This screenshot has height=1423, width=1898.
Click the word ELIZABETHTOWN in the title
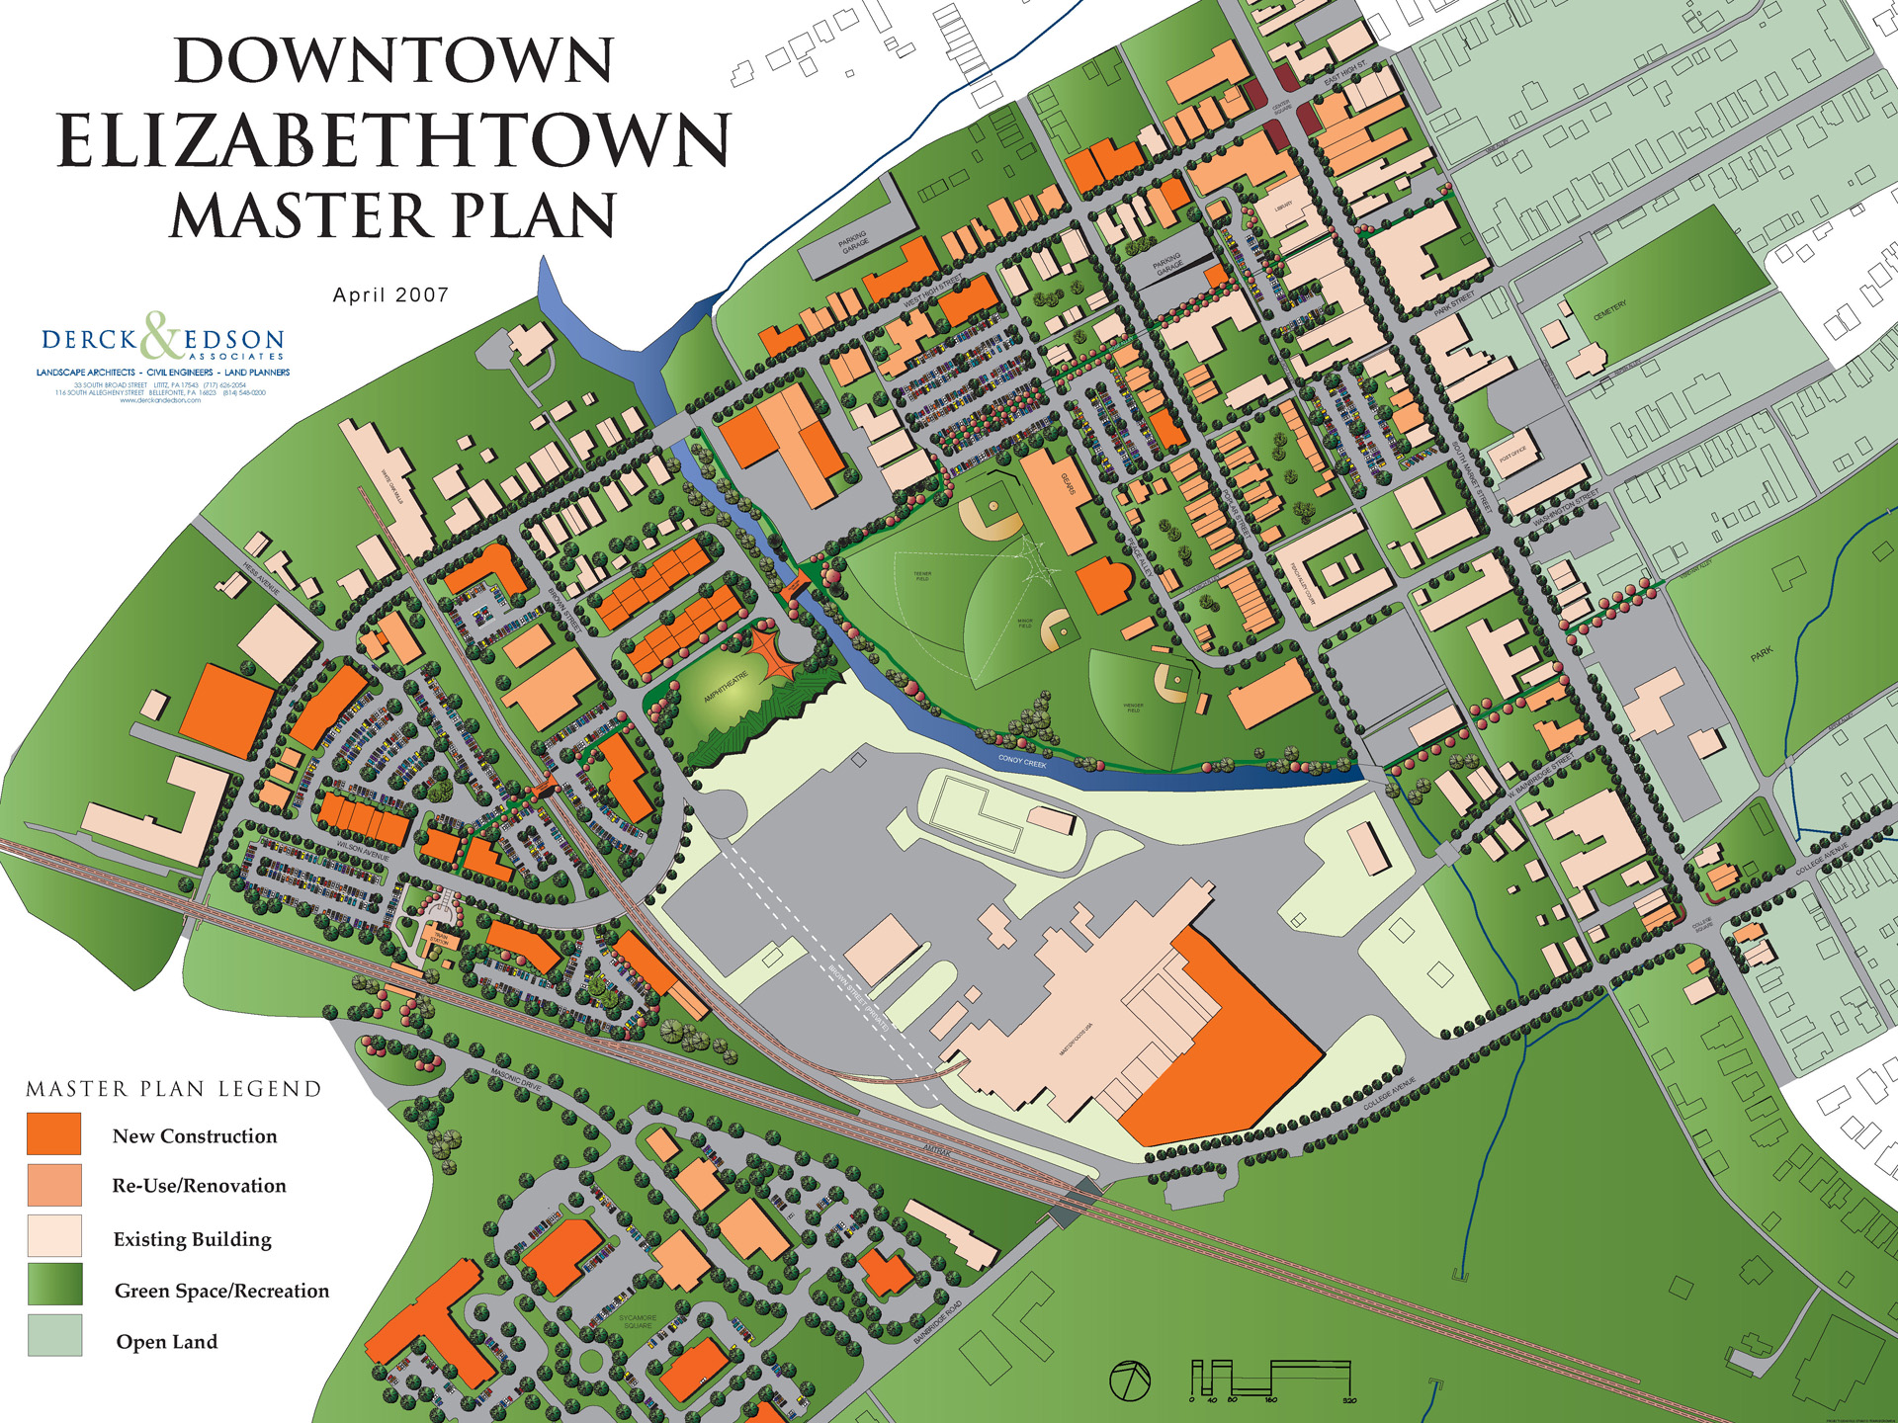393,141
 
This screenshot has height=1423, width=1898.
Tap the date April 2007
390,294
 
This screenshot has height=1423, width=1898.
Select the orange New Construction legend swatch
54,1133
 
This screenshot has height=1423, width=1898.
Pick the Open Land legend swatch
54,1335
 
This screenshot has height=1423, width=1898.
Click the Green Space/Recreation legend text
221,1291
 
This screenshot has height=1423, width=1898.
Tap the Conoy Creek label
1022,761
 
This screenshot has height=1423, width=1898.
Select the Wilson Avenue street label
363,849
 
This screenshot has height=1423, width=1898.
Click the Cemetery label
1609,310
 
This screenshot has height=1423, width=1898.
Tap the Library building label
1284,206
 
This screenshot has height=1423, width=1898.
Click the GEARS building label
1068,484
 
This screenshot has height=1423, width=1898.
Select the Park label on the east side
1762,654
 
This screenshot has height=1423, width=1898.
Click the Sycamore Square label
638,1321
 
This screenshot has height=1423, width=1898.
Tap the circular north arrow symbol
1130,1381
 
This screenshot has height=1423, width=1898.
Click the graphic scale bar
1271,1380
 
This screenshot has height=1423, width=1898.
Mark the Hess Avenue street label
262,578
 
